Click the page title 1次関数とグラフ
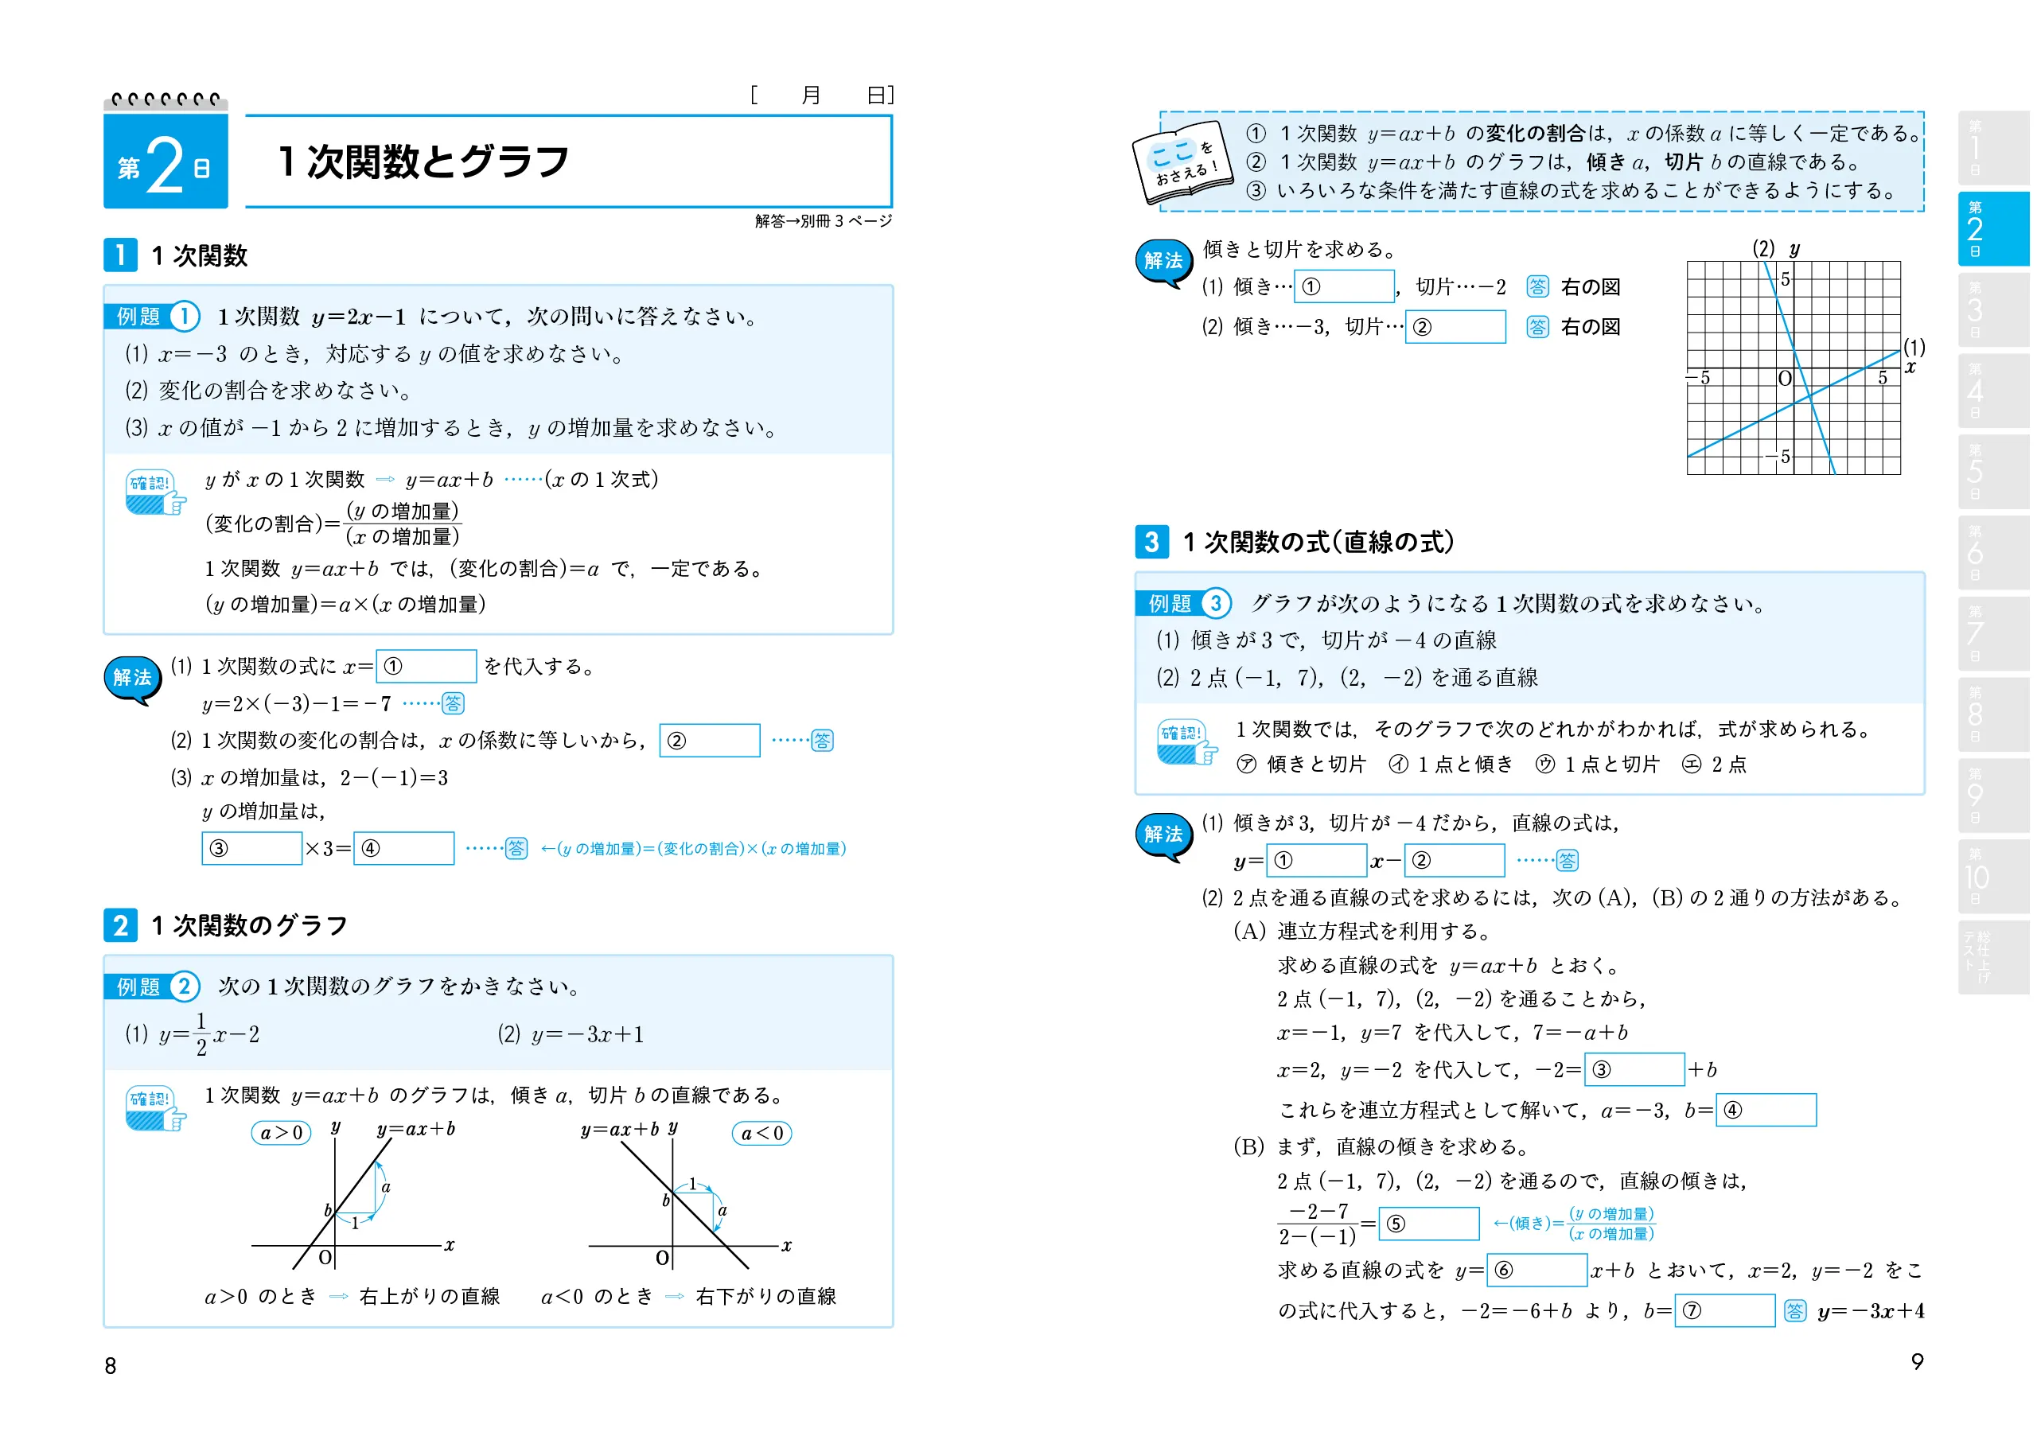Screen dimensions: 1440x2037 point(423,162)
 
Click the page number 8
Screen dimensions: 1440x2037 point(110,1365)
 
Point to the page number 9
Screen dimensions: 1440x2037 point(1917,1361)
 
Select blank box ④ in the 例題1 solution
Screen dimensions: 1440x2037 point(403,848)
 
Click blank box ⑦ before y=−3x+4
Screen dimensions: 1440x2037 point(1723,1310)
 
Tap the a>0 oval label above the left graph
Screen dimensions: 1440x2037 point(281,1133)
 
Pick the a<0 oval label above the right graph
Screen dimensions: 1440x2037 point(761,1133)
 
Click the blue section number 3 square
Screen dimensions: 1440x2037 point(1151,541)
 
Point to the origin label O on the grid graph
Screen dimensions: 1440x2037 point(1785,379)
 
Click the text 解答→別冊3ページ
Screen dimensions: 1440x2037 point(823,221)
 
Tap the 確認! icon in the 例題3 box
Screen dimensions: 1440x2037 point(1186,741)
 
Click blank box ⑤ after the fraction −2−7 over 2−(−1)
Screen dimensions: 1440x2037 point(1428,1224)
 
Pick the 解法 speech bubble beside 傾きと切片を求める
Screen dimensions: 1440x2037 point(1163,262)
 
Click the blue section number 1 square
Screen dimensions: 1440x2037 point(121,255)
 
